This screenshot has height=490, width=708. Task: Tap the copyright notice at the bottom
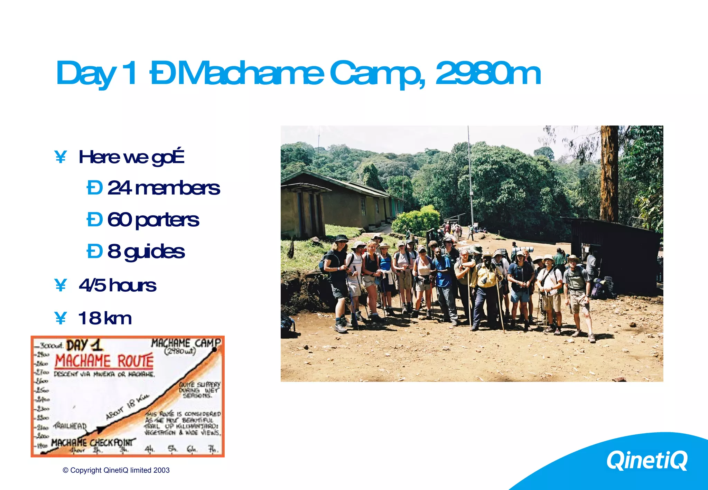[x=116, y=470]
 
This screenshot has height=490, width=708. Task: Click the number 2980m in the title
[x=488, y=73]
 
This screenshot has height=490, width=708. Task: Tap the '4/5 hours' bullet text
[x=117, y=285]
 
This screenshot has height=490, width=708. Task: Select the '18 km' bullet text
[x=105, y=318]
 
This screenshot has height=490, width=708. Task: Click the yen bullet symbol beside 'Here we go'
[x=60, y=157]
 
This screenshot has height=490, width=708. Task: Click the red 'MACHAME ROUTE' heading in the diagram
[x=104, y=361]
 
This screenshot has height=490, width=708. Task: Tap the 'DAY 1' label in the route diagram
[x=84, y=345]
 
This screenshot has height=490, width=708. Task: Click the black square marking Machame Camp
[x=214, y=349]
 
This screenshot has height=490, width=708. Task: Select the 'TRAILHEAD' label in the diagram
[x=70, y=426]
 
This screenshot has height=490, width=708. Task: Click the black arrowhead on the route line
[x=100, y=430]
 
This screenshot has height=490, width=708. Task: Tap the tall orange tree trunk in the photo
[x=609, y=173]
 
